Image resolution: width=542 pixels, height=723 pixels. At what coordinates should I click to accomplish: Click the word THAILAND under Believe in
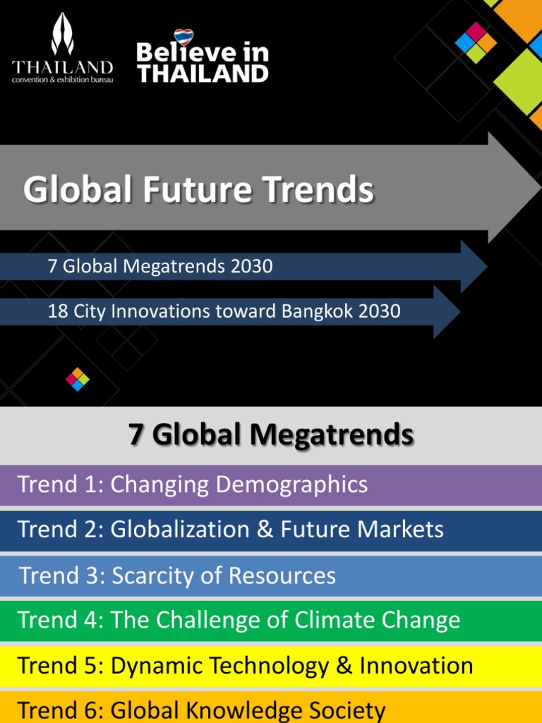203,73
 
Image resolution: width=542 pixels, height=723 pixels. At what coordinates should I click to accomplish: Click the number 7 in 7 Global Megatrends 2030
52,266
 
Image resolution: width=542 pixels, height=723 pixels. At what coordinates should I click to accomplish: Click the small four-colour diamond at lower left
78,379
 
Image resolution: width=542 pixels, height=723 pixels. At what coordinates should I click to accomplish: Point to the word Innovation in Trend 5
416,665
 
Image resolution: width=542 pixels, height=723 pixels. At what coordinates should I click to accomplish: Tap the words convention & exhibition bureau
62,79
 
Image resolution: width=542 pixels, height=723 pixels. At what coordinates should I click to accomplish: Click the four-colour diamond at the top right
476,42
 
